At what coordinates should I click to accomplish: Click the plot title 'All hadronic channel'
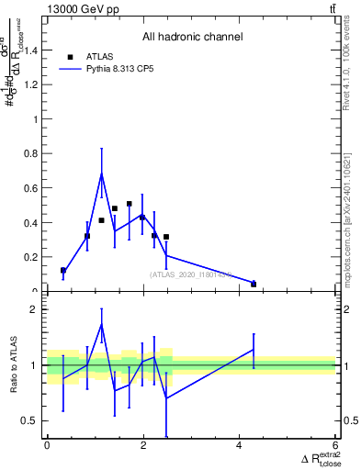tap(192, 38)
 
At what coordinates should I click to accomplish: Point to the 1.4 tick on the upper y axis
tap(33, 50)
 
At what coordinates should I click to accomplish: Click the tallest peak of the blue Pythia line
tap(101, 173)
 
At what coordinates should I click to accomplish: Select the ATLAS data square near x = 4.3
tap(254, 284)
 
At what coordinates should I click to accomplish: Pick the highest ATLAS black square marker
tap(129, 204)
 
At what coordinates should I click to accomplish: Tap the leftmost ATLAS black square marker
tap(62, 270)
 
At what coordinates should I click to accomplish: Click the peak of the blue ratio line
tap(101, 324)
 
